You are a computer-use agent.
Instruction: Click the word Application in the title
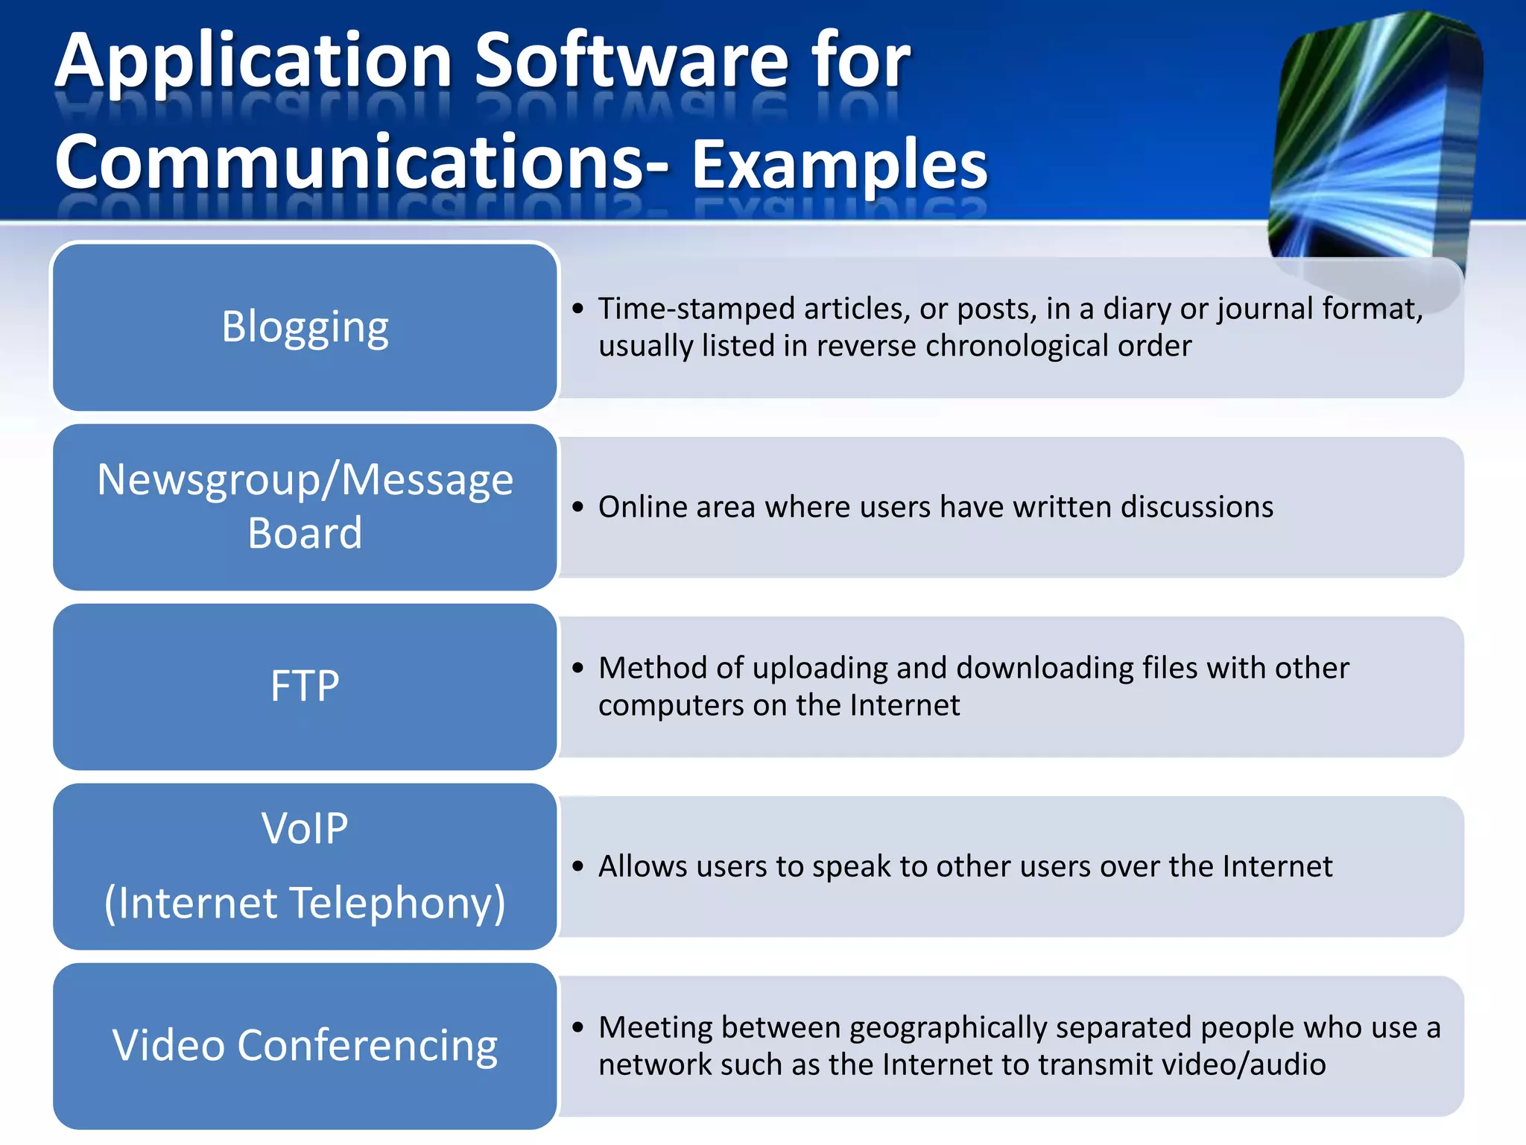253,63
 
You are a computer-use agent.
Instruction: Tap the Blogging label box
305,327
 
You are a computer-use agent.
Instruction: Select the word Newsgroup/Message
305,479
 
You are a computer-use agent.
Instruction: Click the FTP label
305,686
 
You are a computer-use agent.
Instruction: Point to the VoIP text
305,828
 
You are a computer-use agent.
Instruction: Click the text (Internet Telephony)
305,903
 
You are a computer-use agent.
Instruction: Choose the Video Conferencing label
305,1045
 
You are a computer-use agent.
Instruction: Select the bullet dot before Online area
578,507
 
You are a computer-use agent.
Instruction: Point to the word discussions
1197,507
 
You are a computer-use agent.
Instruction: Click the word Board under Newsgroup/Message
305,534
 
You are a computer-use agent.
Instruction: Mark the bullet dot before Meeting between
578,1027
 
